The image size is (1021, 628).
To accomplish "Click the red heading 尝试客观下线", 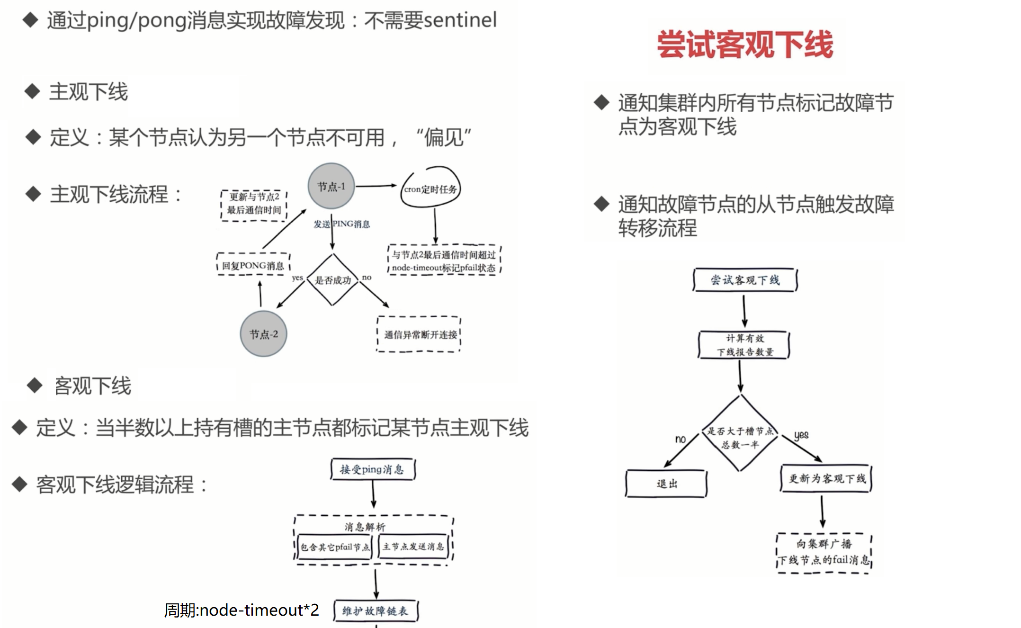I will [x=744, y=45].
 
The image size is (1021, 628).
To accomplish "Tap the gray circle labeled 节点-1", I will [x=331, y=186].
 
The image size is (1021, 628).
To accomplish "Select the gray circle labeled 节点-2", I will [x=263, y=334].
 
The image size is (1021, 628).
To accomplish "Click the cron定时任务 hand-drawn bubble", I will [x=430, y=188].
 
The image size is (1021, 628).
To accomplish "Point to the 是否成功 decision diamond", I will [x=333, y=280].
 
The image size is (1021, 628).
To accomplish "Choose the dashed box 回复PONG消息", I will [x=253, y=265].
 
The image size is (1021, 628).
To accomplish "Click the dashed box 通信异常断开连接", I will [x=420, y=334].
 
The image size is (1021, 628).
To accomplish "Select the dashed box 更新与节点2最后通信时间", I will [x=254, y=204].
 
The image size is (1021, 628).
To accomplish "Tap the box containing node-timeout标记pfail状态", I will [x=444, y=261].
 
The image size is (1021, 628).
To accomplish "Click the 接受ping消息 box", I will [x=373, y=469].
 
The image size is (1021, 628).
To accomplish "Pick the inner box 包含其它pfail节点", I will [x=335, y=547].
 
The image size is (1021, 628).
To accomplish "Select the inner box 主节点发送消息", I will [x=413, y=547].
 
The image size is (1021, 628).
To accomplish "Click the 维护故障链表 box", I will [x=376, y=611].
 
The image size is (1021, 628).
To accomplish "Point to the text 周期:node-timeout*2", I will [x=242, y=610].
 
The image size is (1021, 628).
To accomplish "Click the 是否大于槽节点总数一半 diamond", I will [x=740, y=437].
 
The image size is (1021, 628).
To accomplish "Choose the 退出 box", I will [x=667, y=484].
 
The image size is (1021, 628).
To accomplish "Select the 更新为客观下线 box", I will [x=826, y=479].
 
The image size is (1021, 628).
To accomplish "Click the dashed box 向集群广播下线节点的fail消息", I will [x=824, y=552].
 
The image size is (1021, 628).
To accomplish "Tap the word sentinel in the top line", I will [x=460, y=20].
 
